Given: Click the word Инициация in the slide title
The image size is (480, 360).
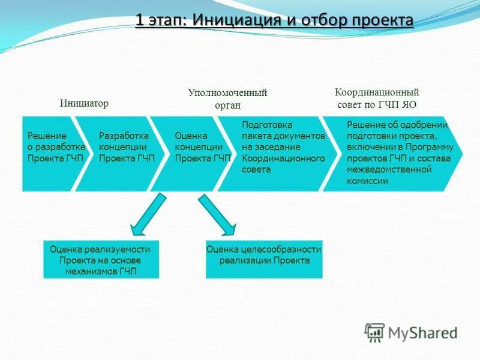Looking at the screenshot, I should [x=236, y=20].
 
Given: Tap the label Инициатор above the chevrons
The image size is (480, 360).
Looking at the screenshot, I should [x=84, y=103].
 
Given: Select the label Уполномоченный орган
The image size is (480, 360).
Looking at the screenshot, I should [x=227, y=98].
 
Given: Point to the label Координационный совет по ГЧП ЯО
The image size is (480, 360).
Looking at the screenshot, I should [x=376, y=98].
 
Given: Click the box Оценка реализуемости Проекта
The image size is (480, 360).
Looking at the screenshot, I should [x=101, y=260].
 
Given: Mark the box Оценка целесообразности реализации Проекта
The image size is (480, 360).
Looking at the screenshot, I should [x=264, y=260].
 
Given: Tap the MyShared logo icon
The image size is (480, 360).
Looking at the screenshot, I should [x=374, y=332].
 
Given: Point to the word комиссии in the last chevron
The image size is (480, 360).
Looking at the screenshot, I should [x=368, y=181].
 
